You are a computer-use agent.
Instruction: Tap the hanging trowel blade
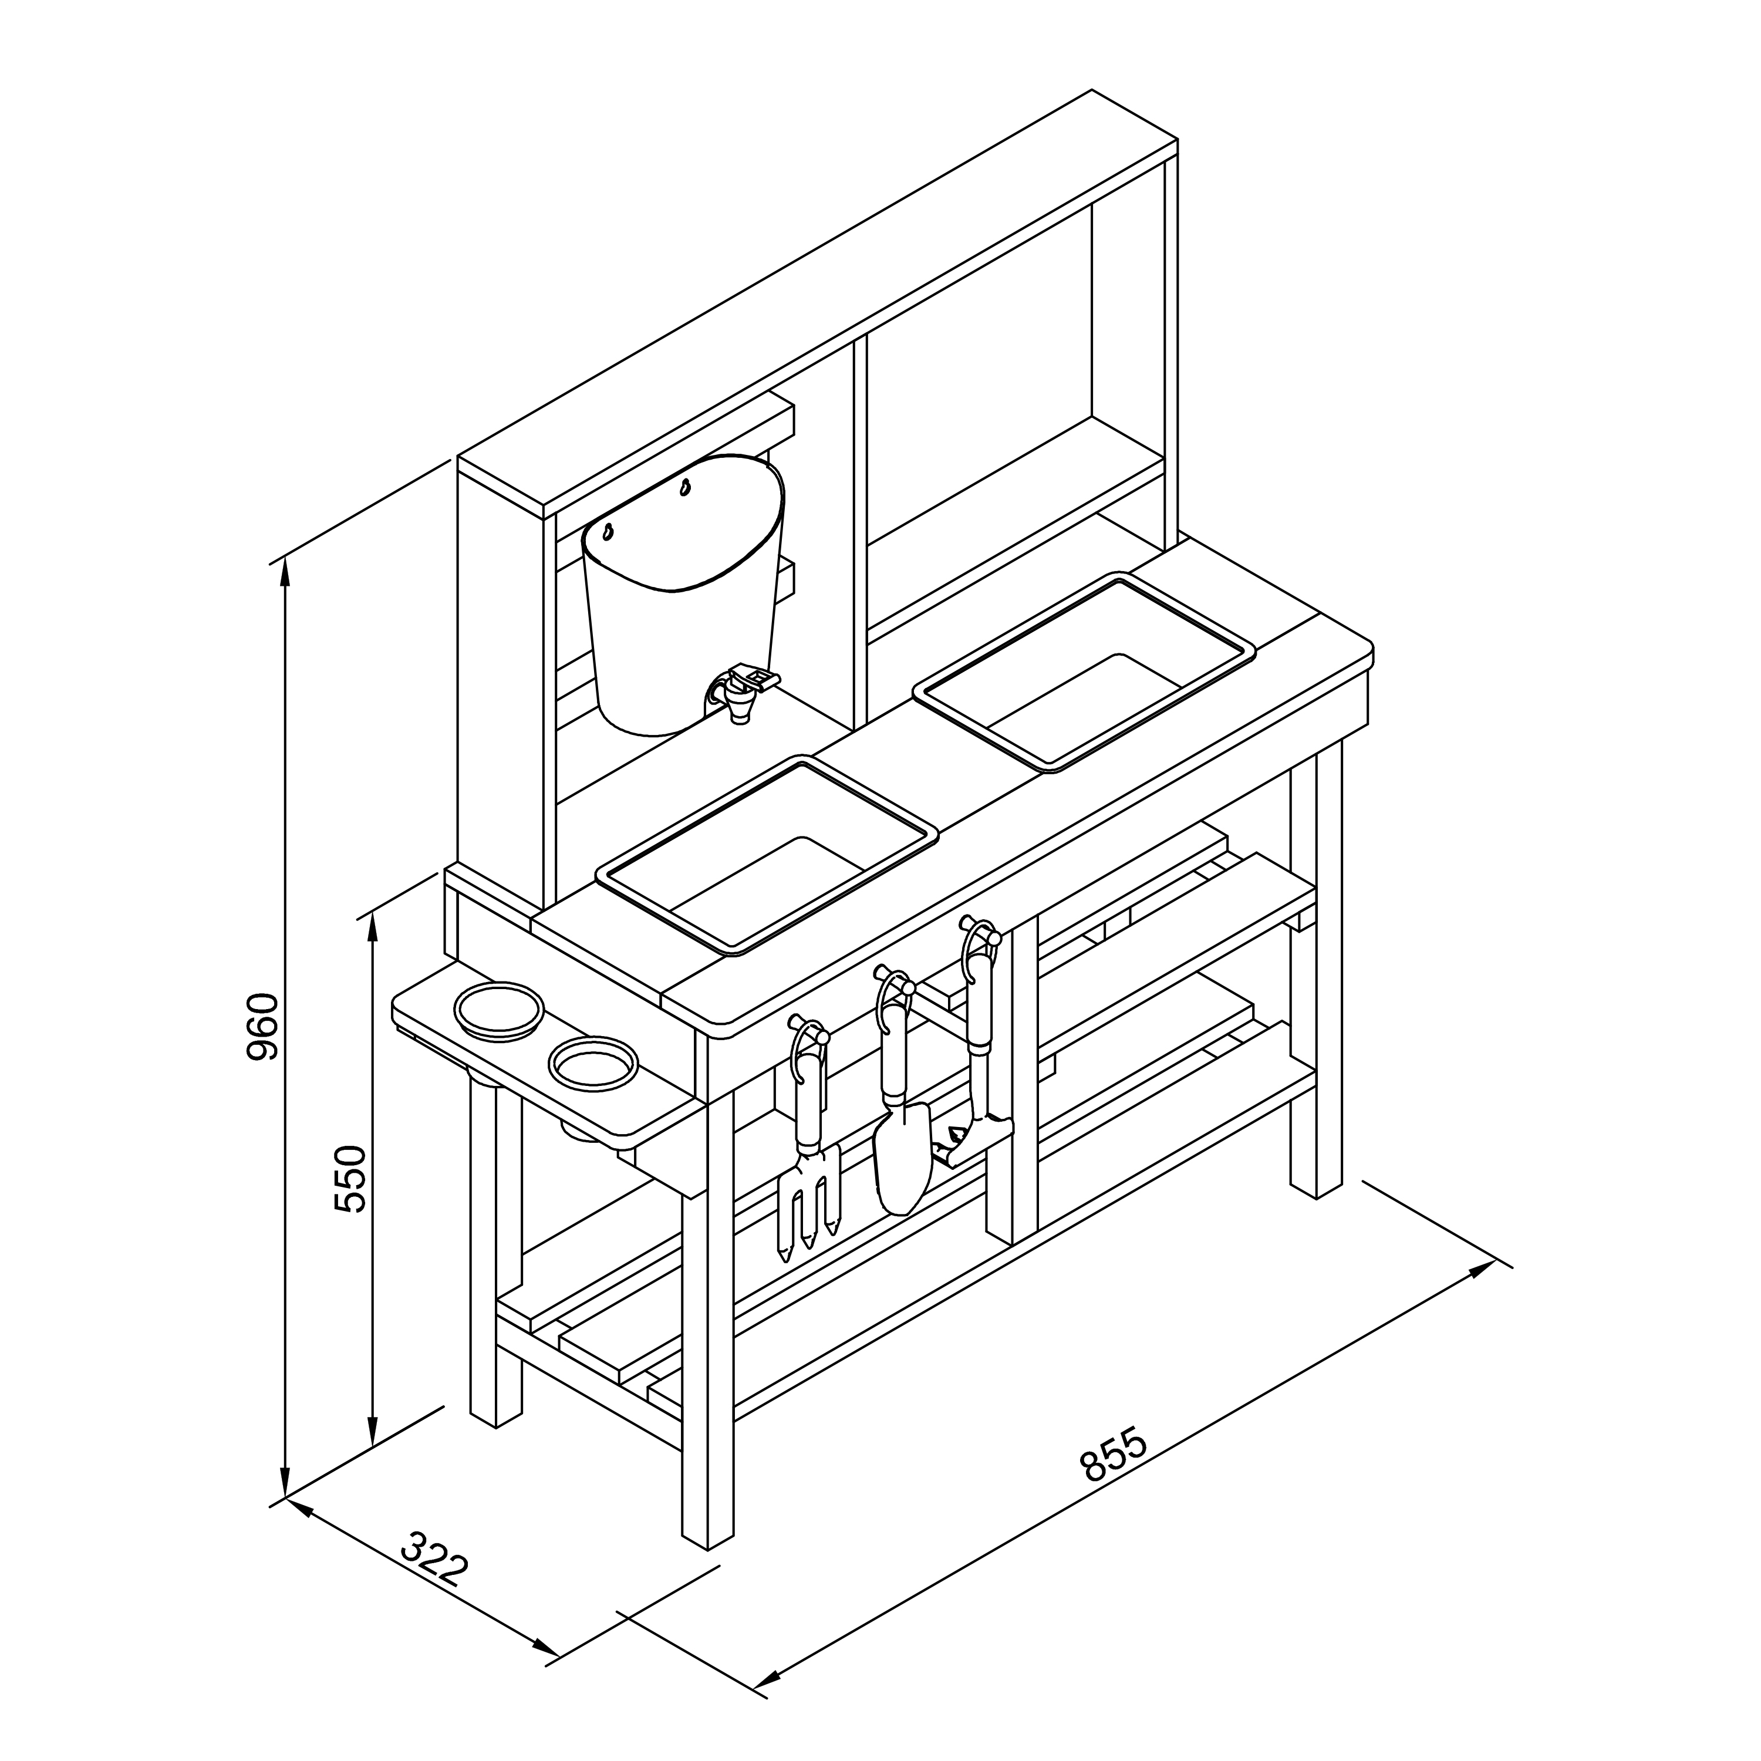click(902, 1158)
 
